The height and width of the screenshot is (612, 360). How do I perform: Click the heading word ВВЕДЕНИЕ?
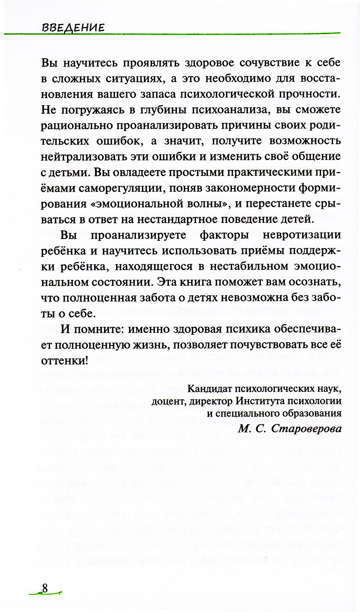73,28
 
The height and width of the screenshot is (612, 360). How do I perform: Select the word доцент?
167,401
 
